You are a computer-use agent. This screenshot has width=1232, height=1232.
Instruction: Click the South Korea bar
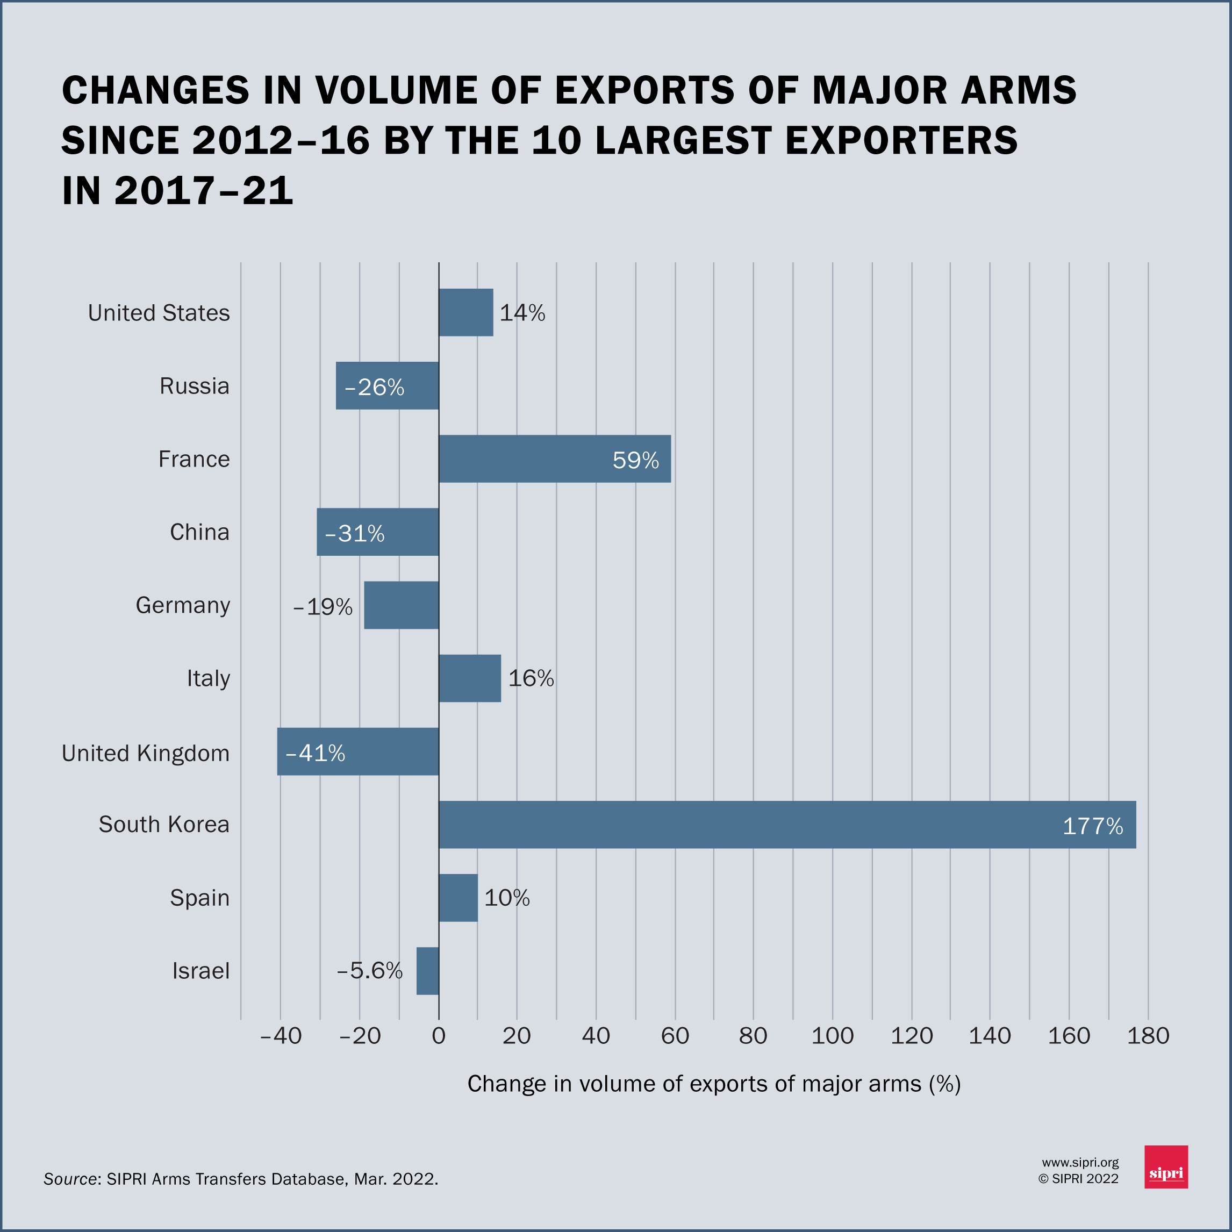(x=787, y=825)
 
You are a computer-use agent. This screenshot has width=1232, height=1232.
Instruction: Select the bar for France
(x=554, y=459)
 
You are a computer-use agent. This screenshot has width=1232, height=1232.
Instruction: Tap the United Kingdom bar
(x=358, y=752)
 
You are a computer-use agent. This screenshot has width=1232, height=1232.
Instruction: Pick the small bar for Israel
(x=427, y=971)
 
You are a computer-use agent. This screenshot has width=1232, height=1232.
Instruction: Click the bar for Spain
(x=458, y=898)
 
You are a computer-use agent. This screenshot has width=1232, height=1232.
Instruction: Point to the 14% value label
(x=522, y=313)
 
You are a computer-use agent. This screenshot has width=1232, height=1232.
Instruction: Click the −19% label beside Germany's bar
(x=323, y=607)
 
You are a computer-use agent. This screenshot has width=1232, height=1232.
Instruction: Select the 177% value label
(x=1092, y=826)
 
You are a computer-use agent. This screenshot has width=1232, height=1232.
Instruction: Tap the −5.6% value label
(x=370, y=971)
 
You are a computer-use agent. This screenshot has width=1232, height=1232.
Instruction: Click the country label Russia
(x=194, y=386)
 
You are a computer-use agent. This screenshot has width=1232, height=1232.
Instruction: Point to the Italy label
(x=208, y=678)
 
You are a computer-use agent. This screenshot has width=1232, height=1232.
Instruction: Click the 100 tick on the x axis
(x=832, y=1036)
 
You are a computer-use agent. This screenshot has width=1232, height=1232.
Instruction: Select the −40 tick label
(x=281, y=1036)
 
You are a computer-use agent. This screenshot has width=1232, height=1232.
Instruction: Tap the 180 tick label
(x=1148, y=1036)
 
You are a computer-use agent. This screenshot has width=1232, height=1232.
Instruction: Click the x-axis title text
(x=714, y=1084)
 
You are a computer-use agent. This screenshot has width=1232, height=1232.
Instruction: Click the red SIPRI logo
(x=1166, y=1167)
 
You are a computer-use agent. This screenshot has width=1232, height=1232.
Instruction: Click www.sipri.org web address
(x=1080, y=1163)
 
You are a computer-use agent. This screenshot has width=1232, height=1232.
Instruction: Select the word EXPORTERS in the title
(x=901, y=140)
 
